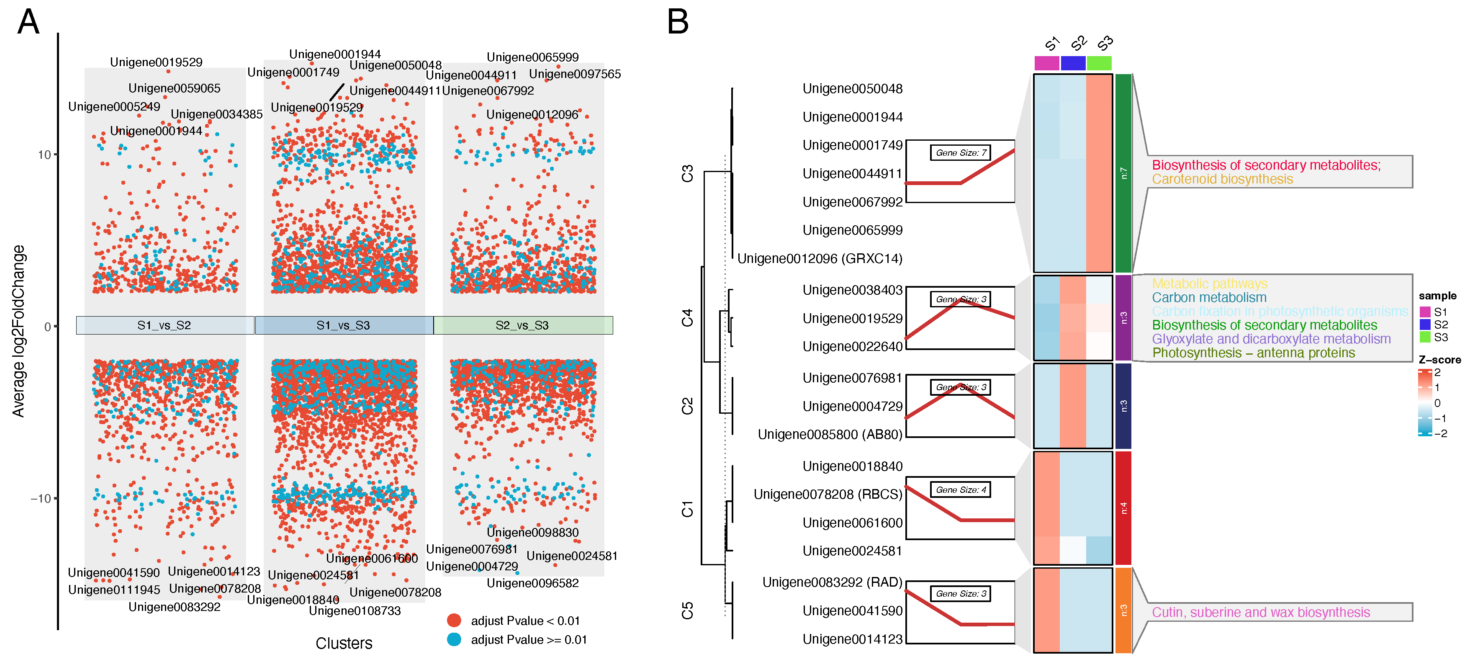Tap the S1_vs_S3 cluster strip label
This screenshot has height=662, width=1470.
[344, 325]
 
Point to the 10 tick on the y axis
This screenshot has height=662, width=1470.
[44, 155]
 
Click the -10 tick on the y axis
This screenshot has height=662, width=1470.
[41, 498]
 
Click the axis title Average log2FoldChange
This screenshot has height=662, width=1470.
[18, 331]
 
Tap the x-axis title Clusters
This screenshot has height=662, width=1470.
[344, 643]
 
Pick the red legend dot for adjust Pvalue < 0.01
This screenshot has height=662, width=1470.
[454, 621]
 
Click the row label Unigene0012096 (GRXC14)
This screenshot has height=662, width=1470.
[820, 258]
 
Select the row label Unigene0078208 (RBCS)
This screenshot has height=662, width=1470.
[828, 494]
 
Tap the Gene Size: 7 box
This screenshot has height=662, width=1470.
[961, 152]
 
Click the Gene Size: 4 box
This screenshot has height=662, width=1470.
[961, 489]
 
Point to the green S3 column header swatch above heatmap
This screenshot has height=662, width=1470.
[1099, 63]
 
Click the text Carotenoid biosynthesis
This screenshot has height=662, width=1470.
[1222, 179]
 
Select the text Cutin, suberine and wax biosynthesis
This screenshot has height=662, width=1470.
[1261, 612]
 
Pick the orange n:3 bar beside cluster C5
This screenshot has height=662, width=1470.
[1123, 610]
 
